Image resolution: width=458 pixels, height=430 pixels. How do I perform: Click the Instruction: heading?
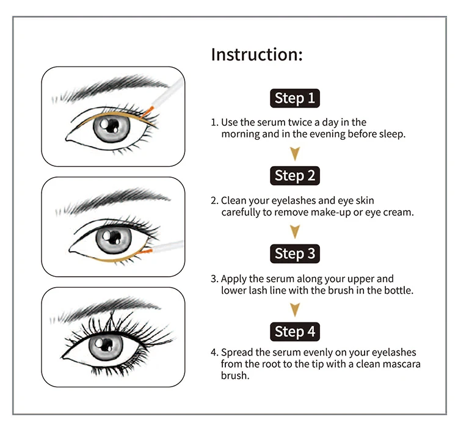[256, 54]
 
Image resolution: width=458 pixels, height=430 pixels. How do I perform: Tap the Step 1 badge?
[295, 98]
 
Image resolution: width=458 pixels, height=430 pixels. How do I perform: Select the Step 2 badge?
[295, 175]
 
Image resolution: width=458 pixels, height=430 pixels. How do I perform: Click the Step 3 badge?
[295, 253]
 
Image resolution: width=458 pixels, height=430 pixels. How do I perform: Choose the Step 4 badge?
[295, 332]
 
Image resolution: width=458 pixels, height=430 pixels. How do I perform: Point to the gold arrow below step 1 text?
[295, 153]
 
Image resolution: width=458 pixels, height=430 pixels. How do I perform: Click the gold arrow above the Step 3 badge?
[295, 231]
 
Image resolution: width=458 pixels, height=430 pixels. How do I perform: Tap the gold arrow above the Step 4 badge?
[295, 309]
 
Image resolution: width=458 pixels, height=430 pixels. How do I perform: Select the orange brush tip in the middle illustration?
[147, 251]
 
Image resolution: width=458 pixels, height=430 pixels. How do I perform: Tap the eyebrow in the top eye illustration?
[111, 87]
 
